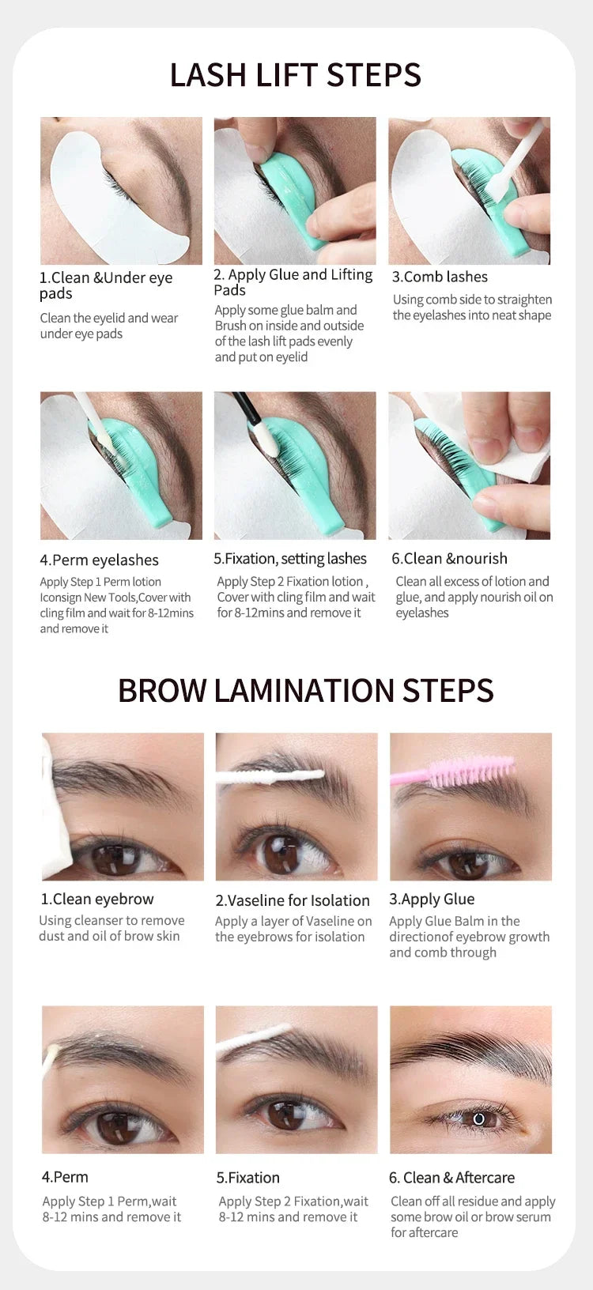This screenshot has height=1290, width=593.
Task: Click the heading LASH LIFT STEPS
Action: coord(295,75)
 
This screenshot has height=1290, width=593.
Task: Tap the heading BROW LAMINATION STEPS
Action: coord(305,690)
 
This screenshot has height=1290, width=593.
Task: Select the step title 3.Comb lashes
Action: coord(440,277)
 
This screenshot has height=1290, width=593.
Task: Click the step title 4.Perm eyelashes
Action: coord(99,560)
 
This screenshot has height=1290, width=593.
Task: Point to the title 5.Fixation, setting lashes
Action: coord(289,558)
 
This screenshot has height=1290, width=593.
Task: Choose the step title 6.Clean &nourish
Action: coord(449,558)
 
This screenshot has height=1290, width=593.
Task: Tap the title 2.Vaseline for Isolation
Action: coord(292,900)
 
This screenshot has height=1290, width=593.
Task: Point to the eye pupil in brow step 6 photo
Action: coord(478,1119)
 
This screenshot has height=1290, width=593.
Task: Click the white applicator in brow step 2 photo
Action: coord(269,777)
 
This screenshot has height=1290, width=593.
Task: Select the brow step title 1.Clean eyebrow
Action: coord(97,899)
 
